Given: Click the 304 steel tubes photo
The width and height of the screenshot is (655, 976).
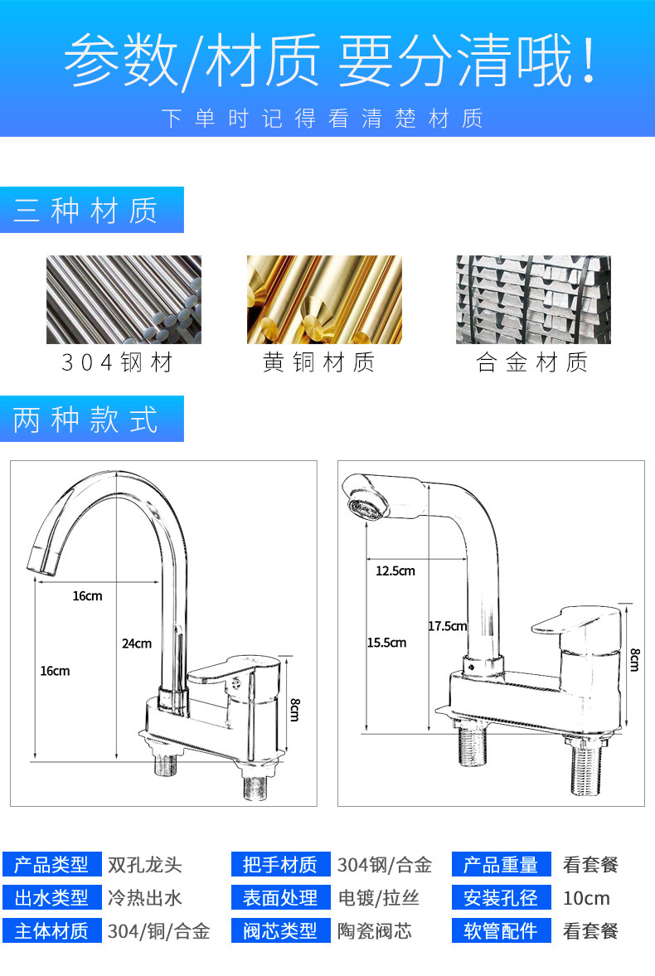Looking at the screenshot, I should [x=124, y=299].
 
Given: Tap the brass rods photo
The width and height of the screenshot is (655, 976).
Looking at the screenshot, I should [x=324, y=299].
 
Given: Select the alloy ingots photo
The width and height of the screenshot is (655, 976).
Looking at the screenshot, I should [x=533, y=299].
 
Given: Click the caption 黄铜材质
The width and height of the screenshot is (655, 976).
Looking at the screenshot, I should [x=319, y=362].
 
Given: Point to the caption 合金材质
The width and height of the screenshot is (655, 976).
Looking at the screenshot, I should [x=532, y=362].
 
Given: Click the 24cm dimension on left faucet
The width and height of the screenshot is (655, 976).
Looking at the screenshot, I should [x=137, y=643].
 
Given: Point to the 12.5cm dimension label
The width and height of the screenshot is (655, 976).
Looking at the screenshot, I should [x=395, y=571].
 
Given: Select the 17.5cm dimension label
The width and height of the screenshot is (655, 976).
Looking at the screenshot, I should [x=447, y=626].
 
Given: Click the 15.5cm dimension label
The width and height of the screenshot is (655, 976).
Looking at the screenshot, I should [x=386, y=643].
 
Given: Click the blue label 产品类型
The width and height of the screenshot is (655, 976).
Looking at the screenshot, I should [x=51, y=865].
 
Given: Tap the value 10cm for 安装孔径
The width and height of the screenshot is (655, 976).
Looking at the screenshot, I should [x=586, y=898].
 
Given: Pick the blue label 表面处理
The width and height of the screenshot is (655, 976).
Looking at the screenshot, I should [x=280, y=898].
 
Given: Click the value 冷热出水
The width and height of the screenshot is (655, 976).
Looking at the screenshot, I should [x=144, y=898].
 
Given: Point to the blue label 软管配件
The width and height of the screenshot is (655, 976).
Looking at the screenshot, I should [x=501, y=930].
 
